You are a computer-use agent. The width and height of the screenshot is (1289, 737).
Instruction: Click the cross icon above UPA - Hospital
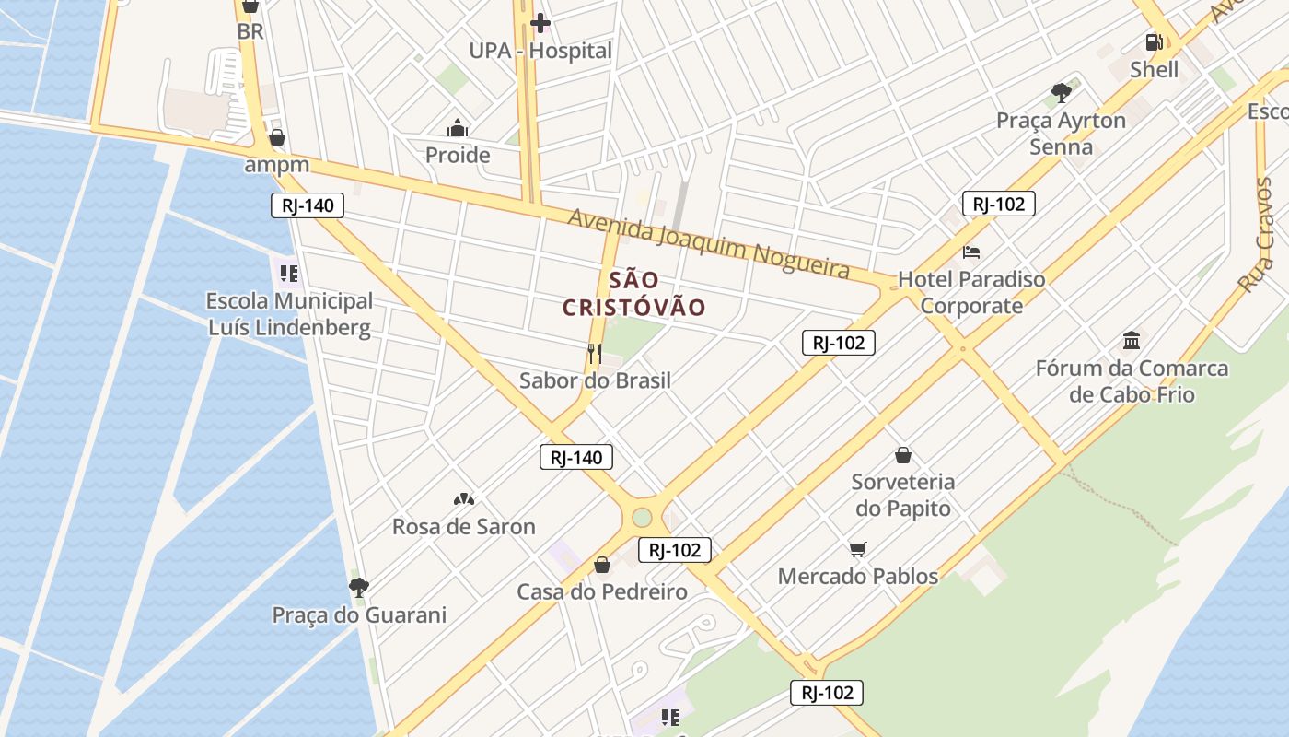coord(540,22)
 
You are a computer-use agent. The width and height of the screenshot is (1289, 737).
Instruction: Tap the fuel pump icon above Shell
coord(1154,41)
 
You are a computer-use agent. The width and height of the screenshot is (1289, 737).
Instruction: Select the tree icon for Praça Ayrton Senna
coord(1062,92)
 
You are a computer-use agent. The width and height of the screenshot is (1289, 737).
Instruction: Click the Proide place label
coord(458,155)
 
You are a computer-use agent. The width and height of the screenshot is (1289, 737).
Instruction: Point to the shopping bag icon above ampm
coord(276,137)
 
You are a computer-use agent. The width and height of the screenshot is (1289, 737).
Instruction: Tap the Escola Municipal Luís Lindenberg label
coord(289,314)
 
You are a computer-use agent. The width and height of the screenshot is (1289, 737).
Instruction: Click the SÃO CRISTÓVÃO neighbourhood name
coord(633,294)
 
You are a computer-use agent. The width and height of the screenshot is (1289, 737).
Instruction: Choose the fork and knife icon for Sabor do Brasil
coord(595,353)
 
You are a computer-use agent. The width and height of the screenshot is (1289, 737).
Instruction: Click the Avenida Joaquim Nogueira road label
coord(708,242)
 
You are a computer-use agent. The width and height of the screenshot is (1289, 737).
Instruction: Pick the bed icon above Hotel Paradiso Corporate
coord(971,252)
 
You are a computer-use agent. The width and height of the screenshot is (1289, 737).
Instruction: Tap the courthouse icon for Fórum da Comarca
coord(1132,341)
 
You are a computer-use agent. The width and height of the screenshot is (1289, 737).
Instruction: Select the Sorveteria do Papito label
coord(903,495)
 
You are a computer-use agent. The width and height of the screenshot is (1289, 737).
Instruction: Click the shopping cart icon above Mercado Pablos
coord(858,549)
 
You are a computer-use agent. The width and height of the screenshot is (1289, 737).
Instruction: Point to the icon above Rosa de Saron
coord(463,499)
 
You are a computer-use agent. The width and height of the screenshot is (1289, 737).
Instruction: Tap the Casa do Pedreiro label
coord(602,591)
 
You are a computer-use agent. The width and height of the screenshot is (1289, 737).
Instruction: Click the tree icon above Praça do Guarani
coord(359,587)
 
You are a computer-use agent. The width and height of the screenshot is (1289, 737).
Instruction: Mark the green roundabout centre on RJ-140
coord(642,518)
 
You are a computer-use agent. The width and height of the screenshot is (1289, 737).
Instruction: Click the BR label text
coord(250,31)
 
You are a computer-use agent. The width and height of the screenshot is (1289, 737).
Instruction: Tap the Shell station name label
coord(1154,69)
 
